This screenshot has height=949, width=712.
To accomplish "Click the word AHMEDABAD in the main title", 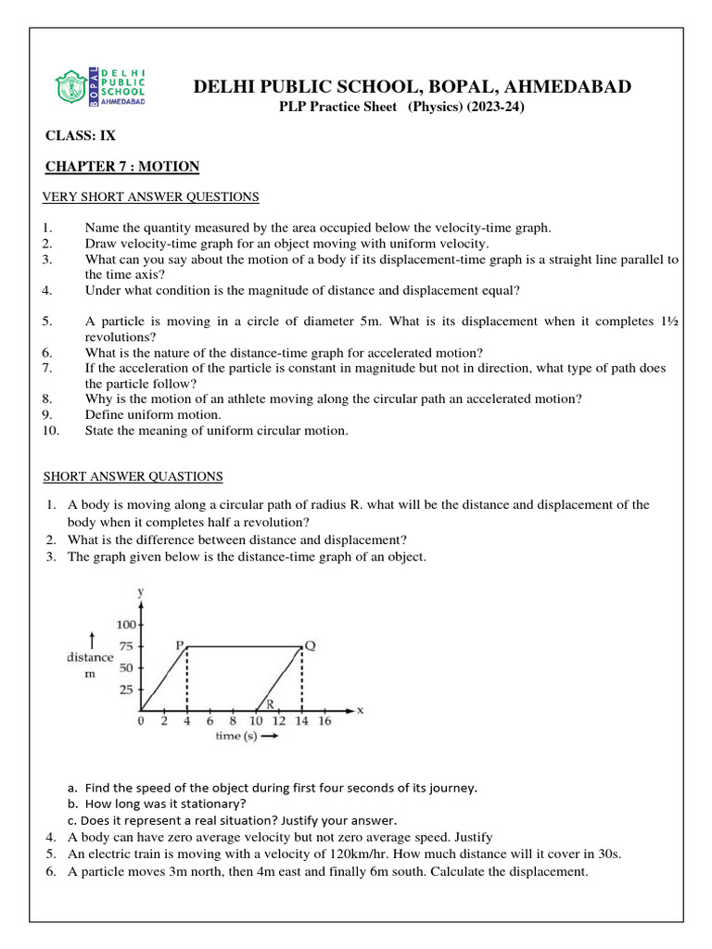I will click(572, 87).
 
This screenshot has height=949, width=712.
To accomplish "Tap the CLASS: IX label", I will click(81, 135).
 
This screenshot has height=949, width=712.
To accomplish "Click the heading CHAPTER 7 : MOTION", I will click(122, 167).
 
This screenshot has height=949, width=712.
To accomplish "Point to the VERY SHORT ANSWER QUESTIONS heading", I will click(151, 196).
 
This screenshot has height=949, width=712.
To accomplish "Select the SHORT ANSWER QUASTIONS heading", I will click(133, 476).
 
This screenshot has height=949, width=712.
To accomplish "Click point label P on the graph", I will click(181, 644).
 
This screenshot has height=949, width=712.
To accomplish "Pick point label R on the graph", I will click(270, 704).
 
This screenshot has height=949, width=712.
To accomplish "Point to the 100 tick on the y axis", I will click(124, 625).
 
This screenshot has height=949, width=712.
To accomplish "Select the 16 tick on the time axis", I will click(324, 722).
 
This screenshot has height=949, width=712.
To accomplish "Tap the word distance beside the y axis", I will click(90, 657).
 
